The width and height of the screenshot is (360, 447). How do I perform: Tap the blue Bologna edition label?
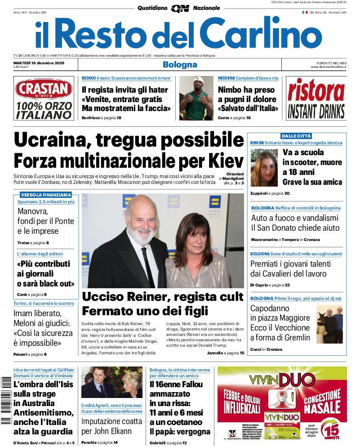[x=180, y=64]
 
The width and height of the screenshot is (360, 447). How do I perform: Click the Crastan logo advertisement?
[x=43, y=98]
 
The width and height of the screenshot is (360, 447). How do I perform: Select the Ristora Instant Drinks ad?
[x=316, y=98]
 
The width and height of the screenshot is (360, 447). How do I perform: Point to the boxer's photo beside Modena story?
[x=196, y=98]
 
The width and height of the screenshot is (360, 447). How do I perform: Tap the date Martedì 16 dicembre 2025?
[x=39, y=63]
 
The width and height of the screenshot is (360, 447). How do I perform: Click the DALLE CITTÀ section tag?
[x=296, y=136]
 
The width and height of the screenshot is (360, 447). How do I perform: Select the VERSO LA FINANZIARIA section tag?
[x=46, y=195]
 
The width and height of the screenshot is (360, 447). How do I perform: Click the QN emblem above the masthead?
[x=180, y=8]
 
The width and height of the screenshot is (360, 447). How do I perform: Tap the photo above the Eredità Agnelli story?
[x=112, y=383]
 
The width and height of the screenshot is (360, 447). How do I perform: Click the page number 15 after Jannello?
[x=242, y=353]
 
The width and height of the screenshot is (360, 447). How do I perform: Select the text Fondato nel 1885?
[x=329, y=63]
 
